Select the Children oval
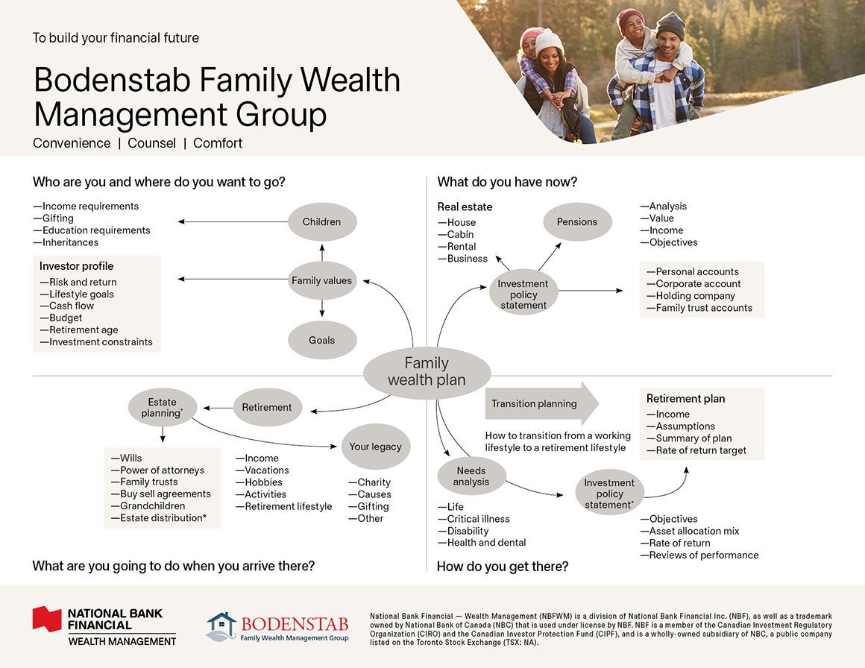click(x=321, y=221)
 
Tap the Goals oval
click(x=321, y=340)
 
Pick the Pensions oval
click(x=576, y=221)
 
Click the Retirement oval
click(x=267, y=407)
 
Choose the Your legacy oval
click(x=375, y=447)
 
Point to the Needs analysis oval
click(x=471, y=476)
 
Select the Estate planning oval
click(x=162, y=407)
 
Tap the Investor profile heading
click(x=77, y=266)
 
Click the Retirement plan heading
click(x=685, y=399)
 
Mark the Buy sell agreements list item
click(x=166, y=494)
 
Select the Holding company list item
click(x=695, y=296)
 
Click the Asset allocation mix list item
click(x=694, y=531)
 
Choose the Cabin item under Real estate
click(x=461, y=234)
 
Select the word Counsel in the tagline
click(x=152, y=143)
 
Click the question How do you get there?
click(x=503, y=567)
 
